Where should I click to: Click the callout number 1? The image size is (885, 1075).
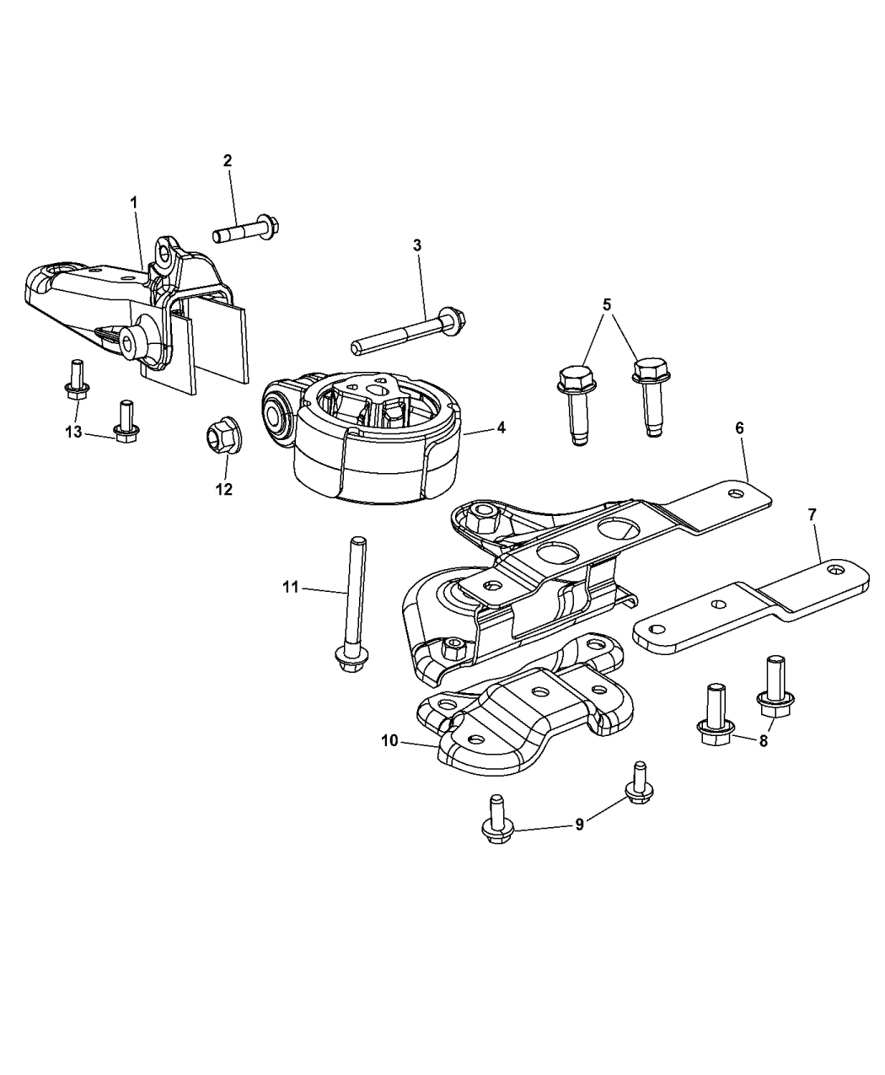point(134,203)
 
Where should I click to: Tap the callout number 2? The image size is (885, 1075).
point(228,160)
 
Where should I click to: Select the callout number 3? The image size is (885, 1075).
point(417,245)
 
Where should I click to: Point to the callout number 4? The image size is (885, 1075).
point(501,427)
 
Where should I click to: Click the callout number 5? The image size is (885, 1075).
point(607,304)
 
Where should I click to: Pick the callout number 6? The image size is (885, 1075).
point(740,427)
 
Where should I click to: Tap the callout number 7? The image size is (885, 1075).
point(813,514)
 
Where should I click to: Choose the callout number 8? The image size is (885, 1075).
point(764,740)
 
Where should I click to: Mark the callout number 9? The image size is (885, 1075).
point(580,839)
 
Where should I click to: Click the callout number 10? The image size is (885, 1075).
point(389,741)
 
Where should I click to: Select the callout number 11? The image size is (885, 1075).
point(291,587)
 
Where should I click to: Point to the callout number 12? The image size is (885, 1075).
point(224,489)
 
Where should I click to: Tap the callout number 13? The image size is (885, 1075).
point(73,432)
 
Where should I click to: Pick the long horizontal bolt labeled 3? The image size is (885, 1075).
point(409,331)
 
